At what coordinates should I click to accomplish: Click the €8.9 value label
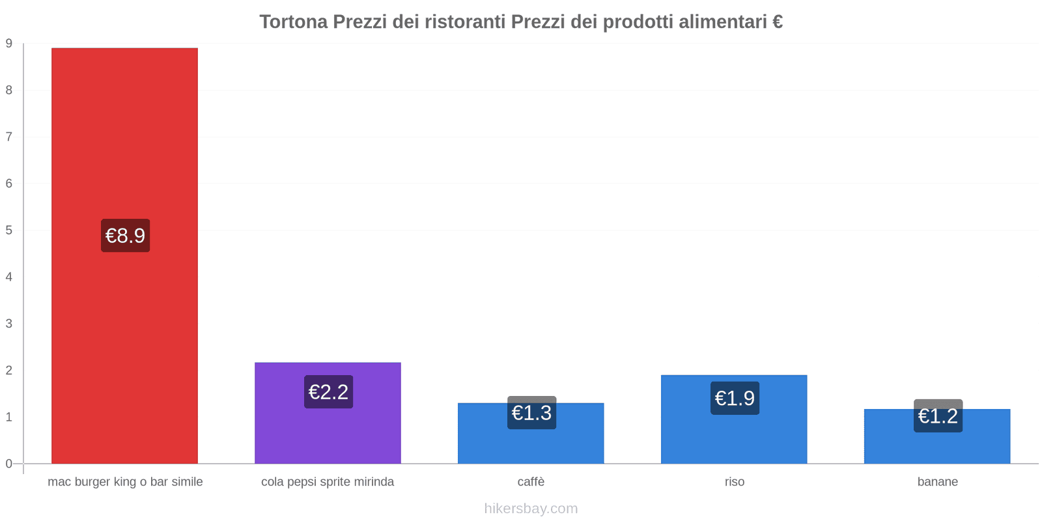tap(125, 235)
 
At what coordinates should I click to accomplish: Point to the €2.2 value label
tap(328, 392)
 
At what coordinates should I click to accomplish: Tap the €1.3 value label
tap(531, 413)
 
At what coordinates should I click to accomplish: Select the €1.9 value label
tap(735, 398)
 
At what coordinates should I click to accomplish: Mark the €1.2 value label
tap(938, 415)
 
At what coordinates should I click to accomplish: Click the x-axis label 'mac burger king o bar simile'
tap(125, 482)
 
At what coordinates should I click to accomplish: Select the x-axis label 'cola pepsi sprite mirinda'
tap(328, 482)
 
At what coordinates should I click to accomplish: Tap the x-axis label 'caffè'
tap(531, 482)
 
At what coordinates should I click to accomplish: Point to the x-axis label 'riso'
tap(735, 482)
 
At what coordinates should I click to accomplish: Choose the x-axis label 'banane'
tap(937, 482)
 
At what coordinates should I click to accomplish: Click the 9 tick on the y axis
tap(9, 44)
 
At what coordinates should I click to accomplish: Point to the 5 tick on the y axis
tap(9, 231)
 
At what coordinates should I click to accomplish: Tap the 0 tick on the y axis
tap(9, 464)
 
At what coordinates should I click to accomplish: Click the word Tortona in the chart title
tap(294, 22)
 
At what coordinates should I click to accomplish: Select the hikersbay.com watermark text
tap(531, 509)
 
